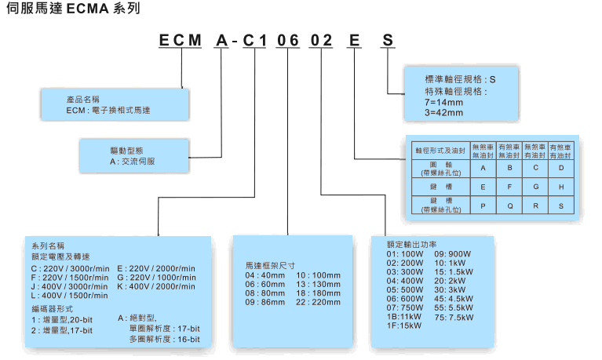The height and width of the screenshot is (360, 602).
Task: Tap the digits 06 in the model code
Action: pyautogui.click(x=289, y=40)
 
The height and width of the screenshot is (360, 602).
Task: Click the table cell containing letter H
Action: pyautogui.click(x=560, y=187)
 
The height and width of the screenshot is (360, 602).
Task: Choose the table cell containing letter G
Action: pyautogui.click(x=535, y=187)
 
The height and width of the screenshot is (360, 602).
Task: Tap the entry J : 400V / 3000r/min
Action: pyautogui.click(x=68, y=288)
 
